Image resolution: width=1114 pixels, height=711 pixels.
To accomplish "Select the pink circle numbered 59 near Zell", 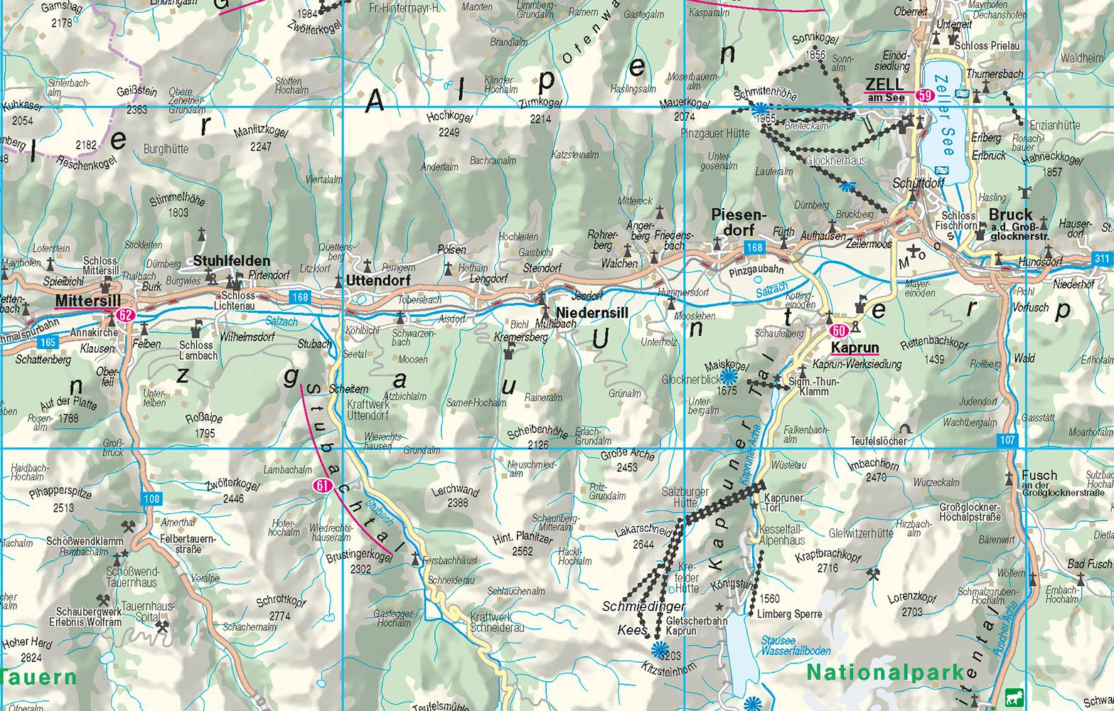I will click(924, 95).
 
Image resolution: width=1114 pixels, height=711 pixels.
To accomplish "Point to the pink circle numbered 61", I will click(323, 486).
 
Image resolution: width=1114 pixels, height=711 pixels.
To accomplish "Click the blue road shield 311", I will click(1103, 258).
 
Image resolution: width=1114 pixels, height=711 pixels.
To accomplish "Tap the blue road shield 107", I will click(1007, 439).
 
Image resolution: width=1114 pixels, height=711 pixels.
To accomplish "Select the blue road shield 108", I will click(151, 499).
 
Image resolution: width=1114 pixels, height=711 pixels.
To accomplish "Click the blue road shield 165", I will click(48, 343).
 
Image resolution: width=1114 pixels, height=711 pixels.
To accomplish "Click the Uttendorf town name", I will click(368, 281).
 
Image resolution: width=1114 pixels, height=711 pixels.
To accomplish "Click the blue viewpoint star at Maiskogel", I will click(727, 377).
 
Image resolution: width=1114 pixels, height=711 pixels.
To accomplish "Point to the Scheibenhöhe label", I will click(537, 434).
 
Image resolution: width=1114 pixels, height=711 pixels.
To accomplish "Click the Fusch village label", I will click(1039, 475).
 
